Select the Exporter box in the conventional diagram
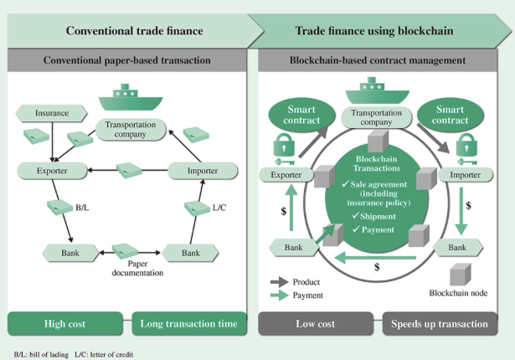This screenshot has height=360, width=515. pos(53,171)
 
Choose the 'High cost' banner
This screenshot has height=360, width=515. pos(64,323)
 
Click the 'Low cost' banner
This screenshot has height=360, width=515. pos(315,323)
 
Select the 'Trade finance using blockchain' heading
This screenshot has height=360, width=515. pos(373,32)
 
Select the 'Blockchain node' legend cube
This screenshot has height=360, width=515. pos(456,275)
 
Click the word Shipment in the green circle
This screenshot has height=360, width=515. pos(378,215)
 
